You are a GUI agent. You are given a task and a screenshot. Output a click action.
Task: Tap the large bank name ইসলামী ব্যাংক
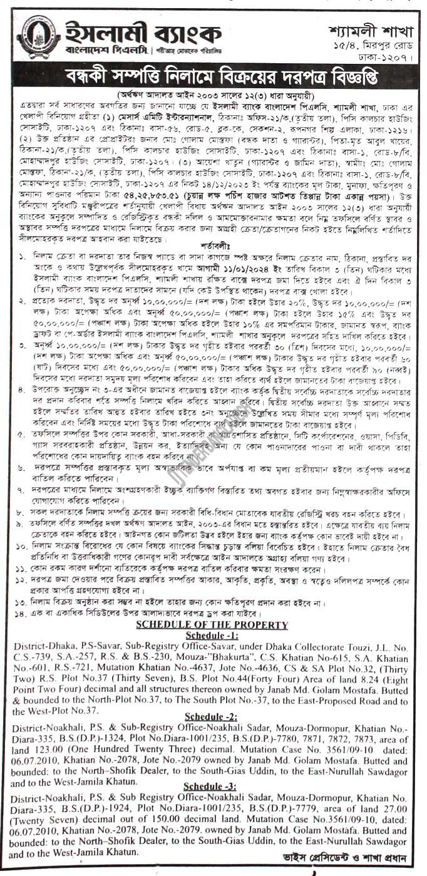point(143,32)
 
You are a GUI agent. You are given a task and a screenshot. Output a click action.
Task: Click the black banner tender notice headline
point(213,75)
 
